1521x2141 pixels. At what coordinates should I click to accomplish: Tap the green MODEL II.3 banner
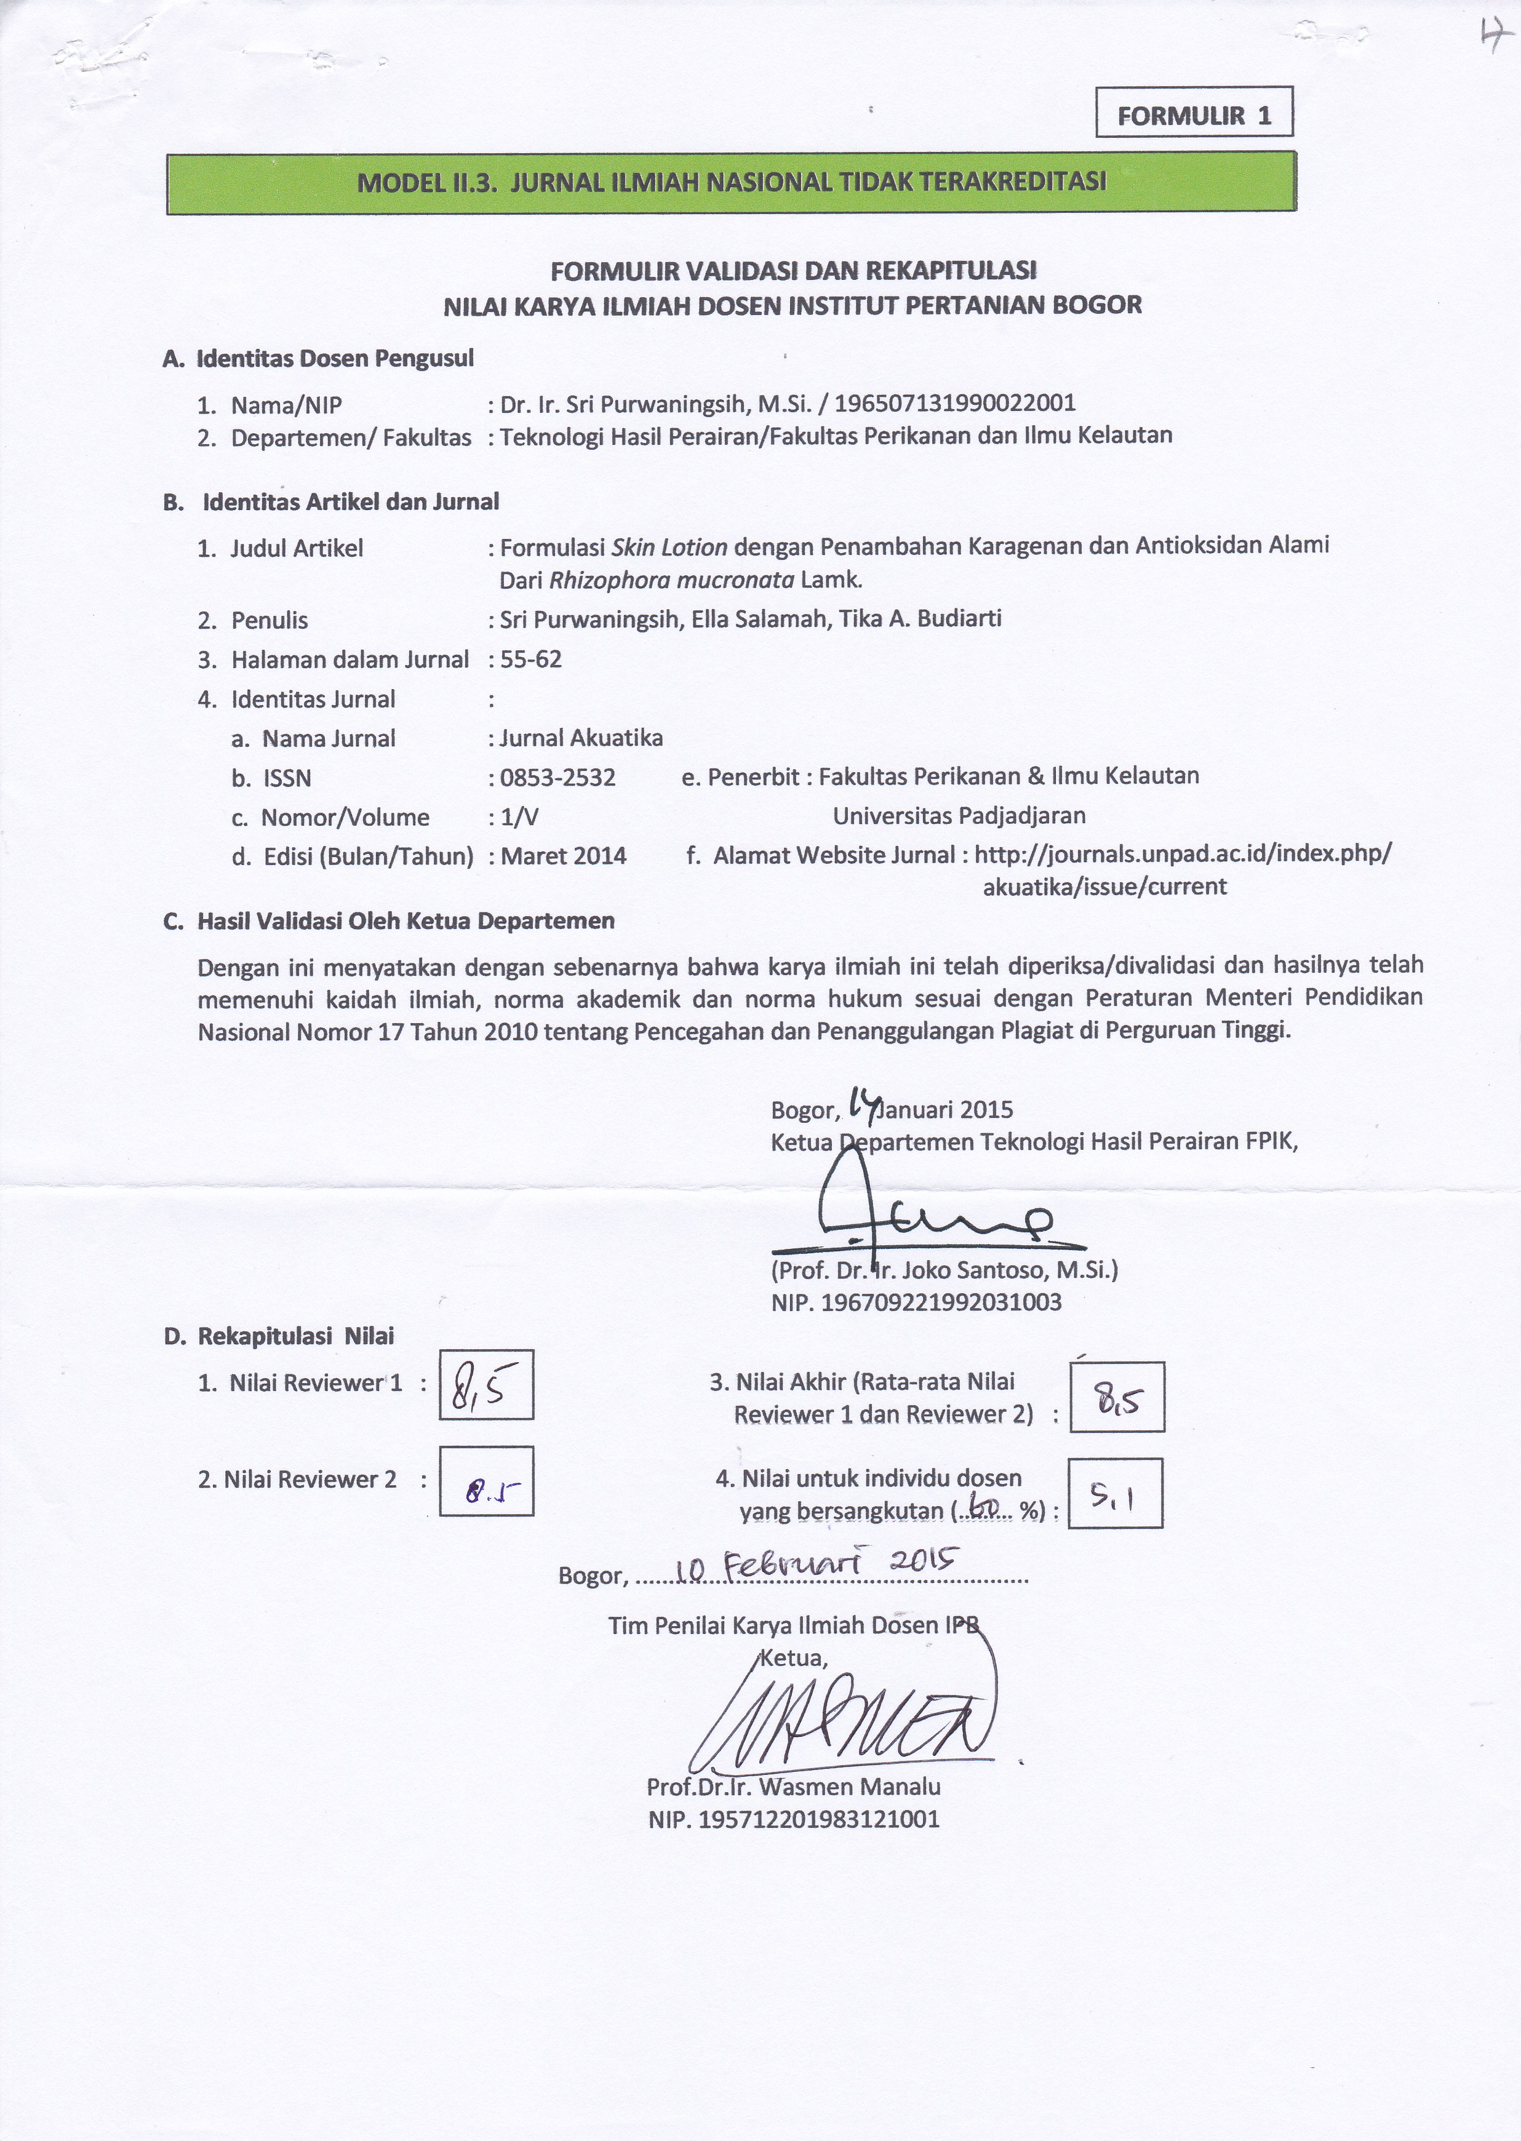tap(730, 181)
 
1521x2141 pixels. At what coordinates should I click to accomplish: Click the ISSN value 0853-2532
tap(557, 778)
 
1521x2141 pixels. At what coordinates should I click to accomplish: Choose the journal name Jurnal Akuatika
tap(581, 738)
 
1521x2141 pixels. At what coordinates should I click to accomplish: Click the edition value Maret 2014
tap(563, 855)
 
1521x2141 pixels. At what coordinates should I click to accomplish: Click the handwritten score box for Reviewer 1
tap(486, 1384)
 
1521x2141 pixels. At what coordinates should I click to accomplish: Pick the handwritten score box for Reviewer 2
tap(486, 1481)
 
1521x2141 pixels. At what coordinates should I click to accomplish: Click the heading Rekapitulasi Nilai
tap(295, 1336)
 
